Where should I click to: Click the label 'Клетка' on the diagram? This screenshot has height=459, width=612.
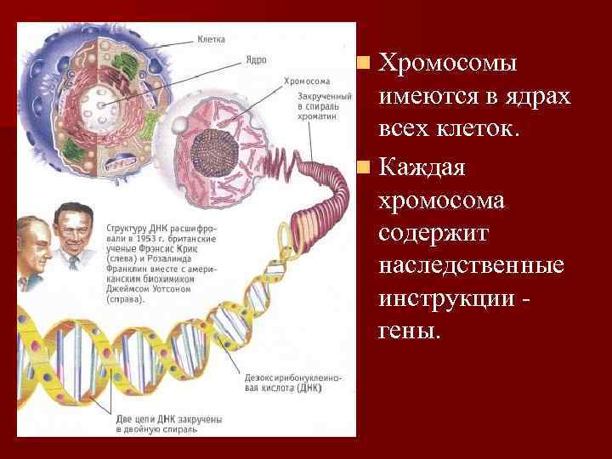point(211,40)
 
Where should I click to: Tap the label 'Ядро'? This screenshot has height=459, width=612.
point(257,60)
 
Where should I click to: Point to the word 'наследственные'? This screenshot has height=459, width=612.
point(471,266)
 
